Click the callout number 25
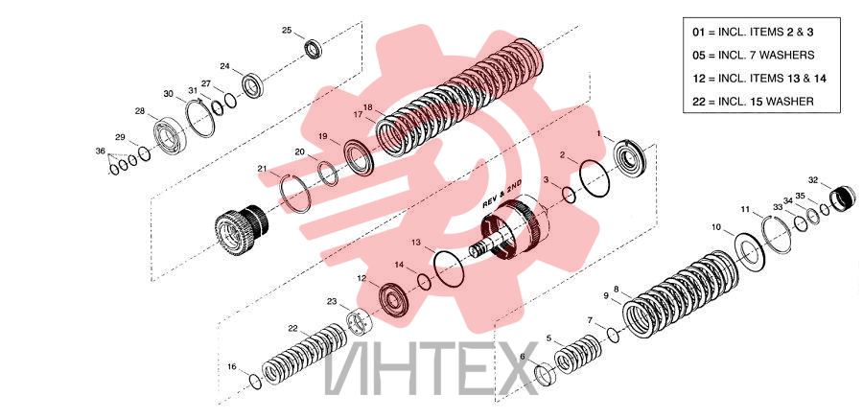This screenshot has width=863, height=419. click(287, 31)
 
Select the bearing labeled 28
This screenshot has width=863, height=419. click(171, 134)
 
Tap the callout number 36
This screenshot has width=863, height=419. click(100, 151)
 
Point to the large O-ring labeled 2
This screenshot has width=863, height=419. click(595, 177)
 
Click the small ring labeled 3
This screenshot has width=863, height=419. click(569, 195)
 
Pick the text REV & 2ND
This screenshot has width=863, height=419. click(501, 195)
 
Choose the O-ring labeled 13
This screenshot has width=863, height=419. click(449, 268)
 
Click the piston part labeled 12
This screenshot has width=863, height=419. click(394, 299)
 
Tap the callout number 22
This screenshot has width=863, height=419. click(292, 329)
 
